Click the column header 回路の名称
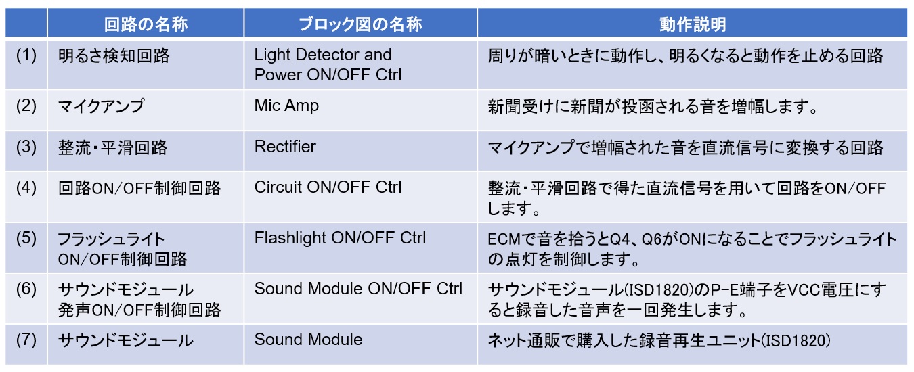[146, 24]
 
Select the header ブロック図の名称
[360, 24]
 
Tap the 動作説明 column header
[693, 24]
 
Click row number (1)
[26, 55]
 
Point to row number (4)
[26, 188]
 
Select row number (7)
[26, 340]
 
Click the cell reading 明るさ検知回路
[114, 56]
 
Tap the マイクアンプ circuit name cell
[101, 106]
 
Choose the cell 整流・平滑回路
[112, 147]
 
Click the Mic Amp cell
[286, 106]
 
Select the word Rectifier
[285, 147]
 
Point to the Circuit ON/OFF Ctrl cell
[328, 187]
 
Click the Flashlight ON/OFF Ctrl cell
[341, 238]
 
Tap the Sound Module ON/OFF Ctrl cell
[358, 289]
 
